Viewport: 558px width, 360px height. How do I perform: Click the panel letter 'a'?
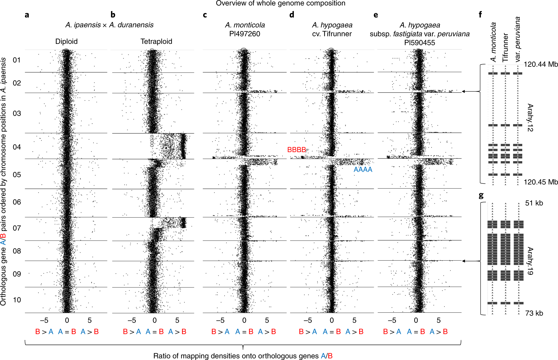pos(27,15)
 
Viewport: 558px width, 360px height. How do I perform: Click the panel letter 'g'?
pos(481,196)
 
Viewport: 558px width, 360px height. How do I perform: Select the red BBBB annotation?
pos(296,150)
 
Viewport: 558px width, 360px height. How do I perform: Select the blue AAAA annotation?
pos(363,170)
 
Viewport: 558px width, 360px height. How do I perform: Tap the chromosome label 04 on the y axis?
pos(17,147)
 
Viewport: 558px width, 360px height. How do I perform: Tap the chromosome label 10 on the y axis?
pos(17,300)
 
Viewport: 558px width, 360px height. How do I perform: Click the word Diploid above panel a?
pos(66,41)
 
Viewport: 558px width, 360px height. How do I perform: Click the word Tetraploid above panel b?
pos(156,41)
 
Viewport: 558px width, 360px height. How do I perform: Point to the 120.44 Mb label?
pos(541,64)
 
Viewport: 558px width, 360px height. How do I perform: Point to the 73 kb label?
pos(534,313)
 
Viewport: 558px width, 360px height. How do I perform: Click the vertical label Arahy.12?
pos(530,118)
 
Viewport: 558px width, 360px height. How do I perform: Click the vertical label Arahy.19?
pos(530,261)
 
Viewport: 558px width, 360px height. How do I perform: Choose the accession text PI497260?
pos(245,34)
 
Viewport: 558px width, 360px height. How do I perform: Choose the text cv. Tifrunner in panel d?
pos(332,34)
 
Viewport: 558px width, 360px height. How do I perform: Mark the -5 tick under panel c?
pos(220,320)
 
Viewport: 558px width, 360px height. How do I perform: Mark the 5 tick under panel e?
pos(439,320)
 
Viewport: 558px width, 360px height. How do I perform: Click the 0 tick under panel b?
pos(154,320)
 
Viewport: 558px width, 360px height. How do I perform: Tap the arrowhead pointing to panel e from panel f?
pos(463,92)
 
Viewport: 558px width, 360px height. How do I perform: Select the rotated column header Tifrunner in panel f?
pos(505,47)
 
